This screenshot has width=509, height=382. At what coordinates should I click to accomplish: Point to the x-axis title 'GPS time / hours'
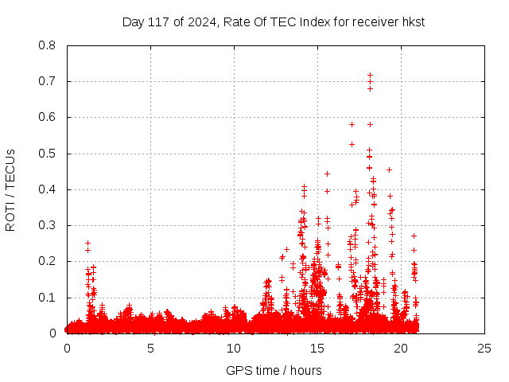point(274,370)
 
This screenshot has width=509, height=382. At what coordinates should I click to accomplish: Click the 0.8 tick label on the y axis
point(47,45)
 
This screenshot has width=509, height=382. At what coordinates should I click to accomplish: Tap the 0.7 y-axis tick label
point(47,81)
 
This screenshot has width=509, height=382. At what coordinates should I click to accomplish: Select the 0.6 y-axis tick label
point(47,117)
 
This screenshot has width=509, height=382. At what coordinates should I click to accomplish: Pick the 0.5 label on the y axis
point(47,154)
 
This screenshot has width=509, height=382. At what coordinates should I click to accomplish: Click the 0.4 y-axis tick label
point(47,189)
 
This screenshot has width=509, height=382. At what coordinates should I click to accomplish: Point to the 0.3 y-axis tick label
point(47,225)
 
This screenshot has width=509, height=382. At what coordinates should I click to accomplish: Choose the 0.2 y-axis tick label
point(47,261)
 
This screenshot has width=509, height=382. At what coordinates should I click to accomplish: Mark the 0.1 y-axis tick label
point(47,298)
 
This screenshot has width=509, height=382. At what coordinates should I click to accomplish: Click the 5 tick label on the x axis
point(150,349)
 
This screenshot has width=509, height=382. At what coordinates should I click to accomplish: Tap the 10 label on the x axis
point(234,349)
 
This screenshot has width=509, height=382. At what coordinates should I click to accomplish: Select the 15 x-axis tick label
point(317,349)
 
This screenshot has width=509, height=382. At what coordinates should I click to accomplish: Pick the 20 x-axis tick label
point(401,349)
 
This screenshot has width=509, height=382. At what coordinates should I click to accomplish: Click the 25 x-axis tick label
point(484,349)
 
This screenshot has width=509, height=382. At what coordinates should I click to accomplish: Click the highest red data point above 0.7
point(370,75)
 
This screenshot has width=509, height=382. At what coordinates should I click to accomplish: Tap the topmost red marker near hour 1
point(87,243)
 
